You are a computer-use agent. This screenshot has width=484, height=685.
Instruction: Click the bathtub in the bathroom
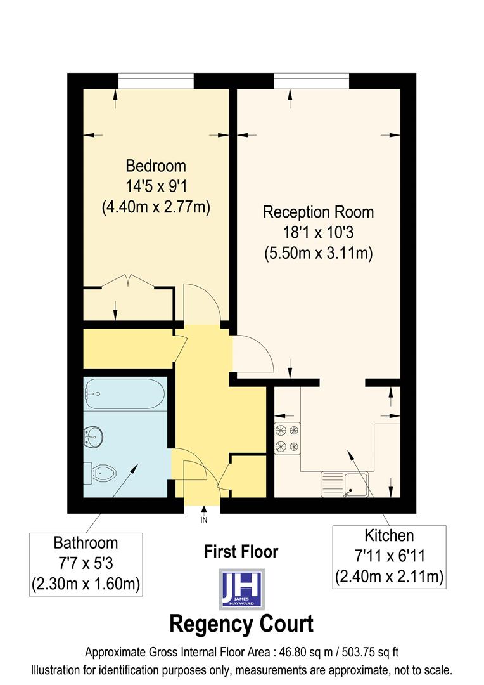point(125,394)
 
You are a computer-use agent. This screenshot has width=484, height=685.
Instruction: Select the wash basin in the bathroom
point(93,436)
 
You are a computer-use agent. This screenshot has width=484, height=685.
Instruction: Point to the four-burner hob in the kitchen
point(287,438)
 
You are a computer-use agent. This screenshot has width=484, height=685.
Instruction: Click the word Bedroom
point(156,166)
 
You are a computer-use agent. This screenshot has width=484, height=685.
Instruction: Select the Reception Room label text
point(318,212)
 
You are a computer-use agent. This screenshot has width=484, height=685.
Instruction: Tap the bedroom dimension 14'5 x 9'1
point(156,186)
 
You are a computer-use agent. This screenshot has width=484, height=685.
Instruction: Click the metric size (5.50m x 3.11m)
point(318,252)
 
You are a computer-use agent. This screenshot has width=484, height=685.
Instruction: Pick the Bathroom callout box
point(86,564)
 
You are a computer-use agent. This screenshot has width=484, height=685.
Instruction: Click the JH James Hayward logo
point(241,589)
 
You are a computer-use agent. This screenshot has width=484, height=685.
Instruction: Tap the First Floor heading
point(241,552)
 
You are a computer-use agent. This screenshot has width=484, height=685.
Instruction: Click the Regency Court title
point(241,624)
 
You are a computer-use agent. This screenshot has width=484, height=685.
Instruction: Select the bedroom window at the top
point(156,81)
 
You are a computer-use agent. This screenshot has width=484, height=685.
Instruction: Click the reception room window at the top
point(311,81)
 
